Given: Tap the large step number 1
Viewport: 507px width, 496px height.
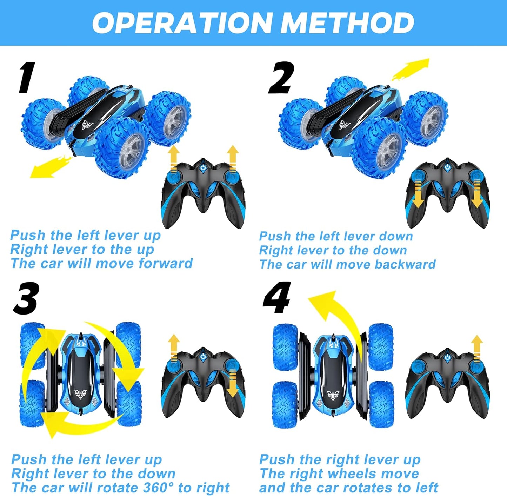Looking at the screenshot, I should point(27,78).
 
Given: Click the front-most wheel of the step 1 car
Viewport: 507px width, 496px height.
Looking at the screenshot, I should point(123,147).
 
